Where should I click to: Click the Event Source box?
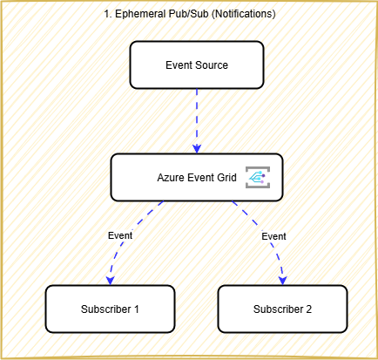(x=196, y=65)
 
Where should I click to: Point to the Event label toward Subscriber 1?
(x=120, y=236)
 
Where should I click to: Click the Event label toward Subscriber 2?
(x=273, y=236)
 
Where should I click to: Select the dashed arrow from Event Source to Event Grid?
(x=196, y=118)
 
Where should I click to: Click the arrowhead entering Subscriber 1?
(x=110, y=280)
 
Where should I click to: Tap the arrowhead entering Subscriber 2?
(x=283, y=280)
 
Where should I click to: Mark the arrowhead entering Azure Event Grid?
(x=196, y=148)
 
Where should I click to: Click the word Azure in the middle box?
(x=172, y=177)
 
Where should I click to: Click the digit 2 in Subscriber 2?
(x=307, y=309)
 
